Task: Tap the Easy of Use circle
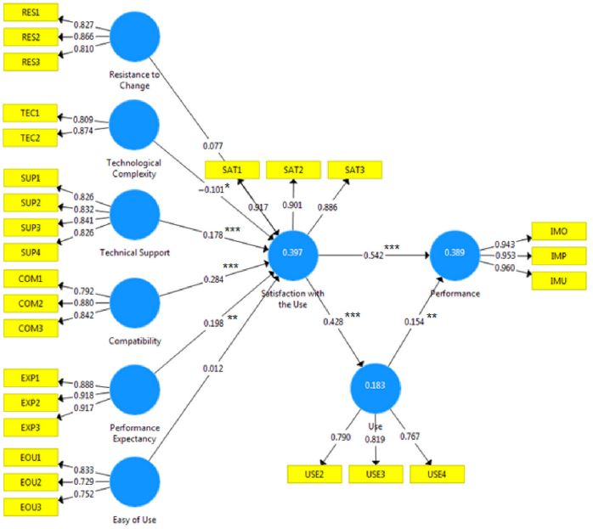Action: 134,481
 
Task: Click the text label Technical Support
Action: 136,252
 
